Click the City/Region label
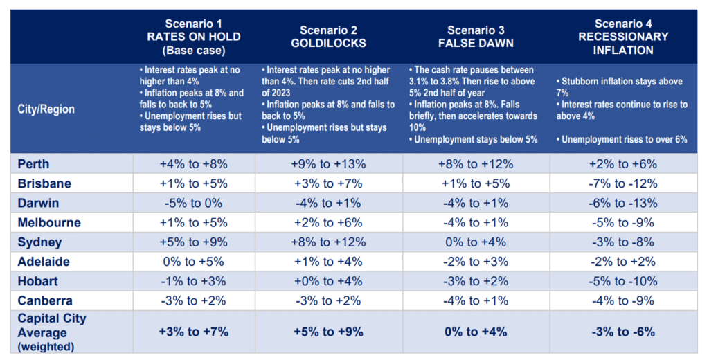coord(46,109)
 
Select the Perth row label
coord(35,165)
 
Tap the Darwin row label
coord(38,204)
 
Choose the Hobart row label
coord(38,282)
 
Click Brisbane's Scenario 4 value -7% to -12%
coord(622,184)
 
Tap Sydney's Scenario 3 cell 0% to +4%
coord(475,243)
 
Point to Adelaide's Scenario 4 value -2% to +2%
coord(622,262)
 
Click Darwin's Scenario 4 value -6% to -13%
coord(622,204)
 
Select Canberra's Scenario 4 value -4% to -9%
coord(622,301)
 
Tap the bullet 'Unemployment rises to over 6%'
coord(622,139)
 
